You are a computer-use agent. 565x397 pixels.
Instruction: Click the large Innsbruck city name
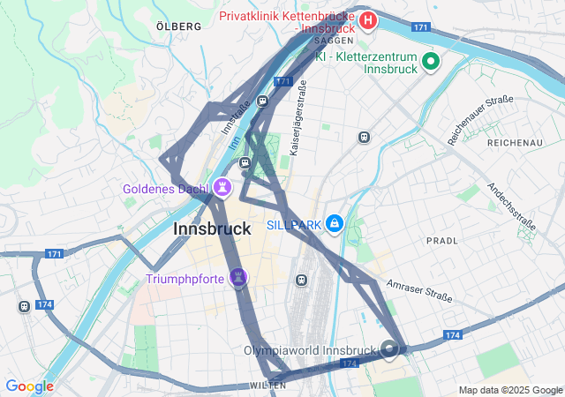[x=212, y=228]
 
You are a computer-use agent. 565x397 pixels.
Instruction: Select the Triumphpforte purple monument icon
[x=237, y=279]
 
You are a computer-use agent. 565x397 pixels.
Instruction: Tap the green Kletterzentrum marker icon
[x=431, y=61]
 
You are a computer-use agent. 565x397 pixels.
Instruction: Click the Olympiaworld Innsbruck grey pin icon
[x=390, y=350]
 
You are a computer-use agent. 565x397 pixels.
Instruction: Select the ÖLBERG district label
[x=178, y=26]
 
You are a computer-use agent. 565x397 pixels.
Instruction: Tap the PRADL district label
[x=441, y=240]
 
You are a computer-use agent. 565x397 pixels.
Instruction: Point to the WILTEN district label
[x=267, y=386]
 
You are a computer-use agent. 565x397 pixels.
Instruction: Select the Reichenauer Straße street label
[x=480, y=120]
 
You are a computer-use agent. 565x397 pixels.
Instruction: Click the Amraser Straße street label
[x=419, y=291]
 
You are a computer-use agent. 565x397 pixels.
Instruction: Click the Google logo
[x=29, y=386]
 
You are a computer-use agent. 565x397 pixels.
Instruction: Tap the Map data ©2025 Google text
[x=509, y=390]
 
